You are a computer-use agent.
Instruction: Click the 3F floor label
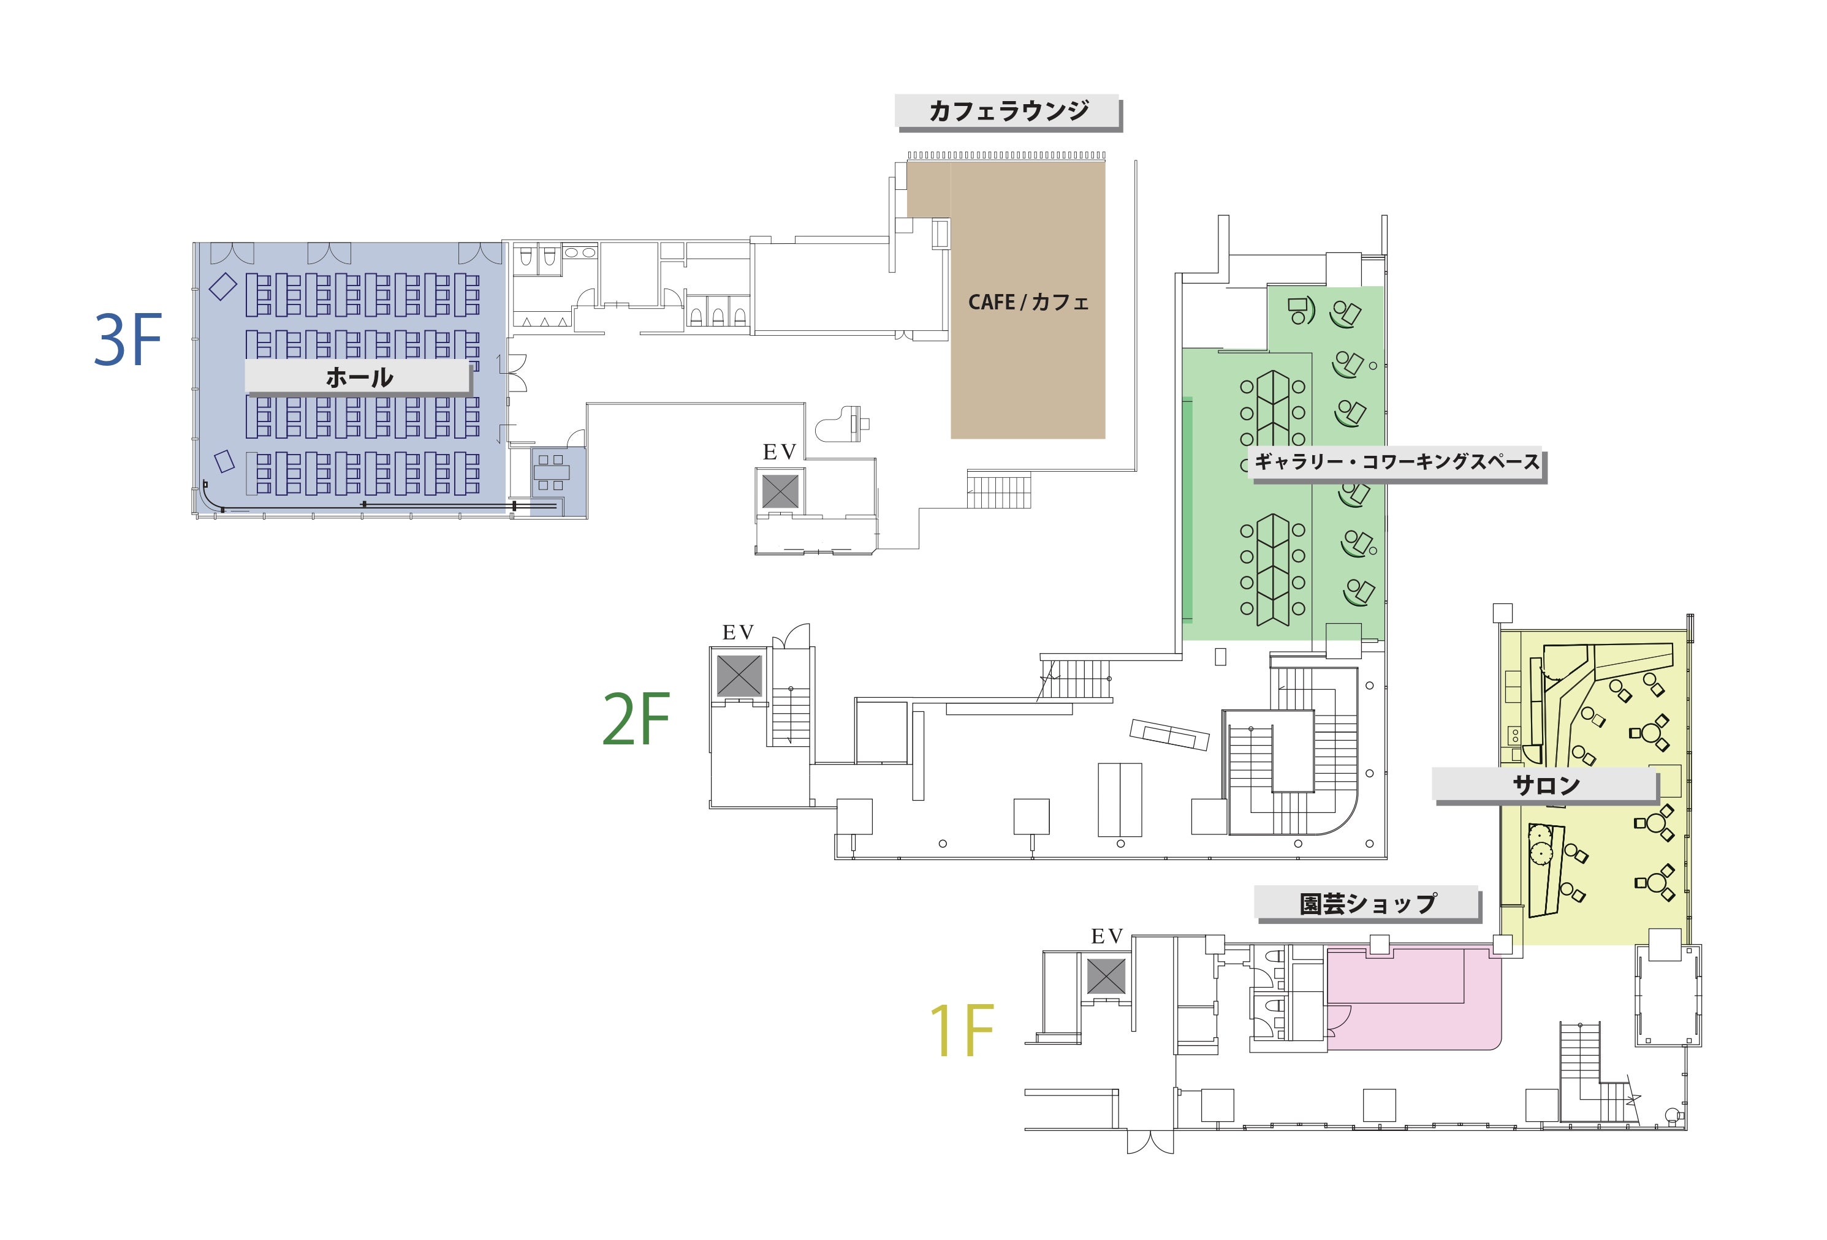128,339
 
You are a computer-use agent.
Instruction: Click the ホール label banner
359,377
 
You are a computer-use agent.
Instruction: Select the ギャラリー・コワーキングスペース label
1397,462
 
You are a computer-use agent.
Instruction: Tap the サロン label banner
1546,785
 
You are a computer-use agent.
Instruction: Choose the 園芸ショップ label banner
1368,904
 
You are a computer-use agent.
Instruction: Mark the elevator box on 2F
739,675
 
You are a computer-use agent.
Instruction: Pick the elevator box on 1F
1106,977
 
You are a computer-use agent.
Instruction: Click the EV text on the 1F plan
1107,937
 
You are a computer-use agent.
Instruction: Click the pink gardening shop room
1413,999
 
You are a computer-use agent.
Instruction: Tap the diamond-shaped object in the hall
222,285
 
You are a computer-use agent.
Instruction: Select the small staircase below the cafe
998,490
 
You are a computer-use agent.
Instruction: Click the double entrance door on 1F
1150,1141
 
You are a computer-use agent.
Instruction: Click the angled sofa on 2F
1169,735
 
